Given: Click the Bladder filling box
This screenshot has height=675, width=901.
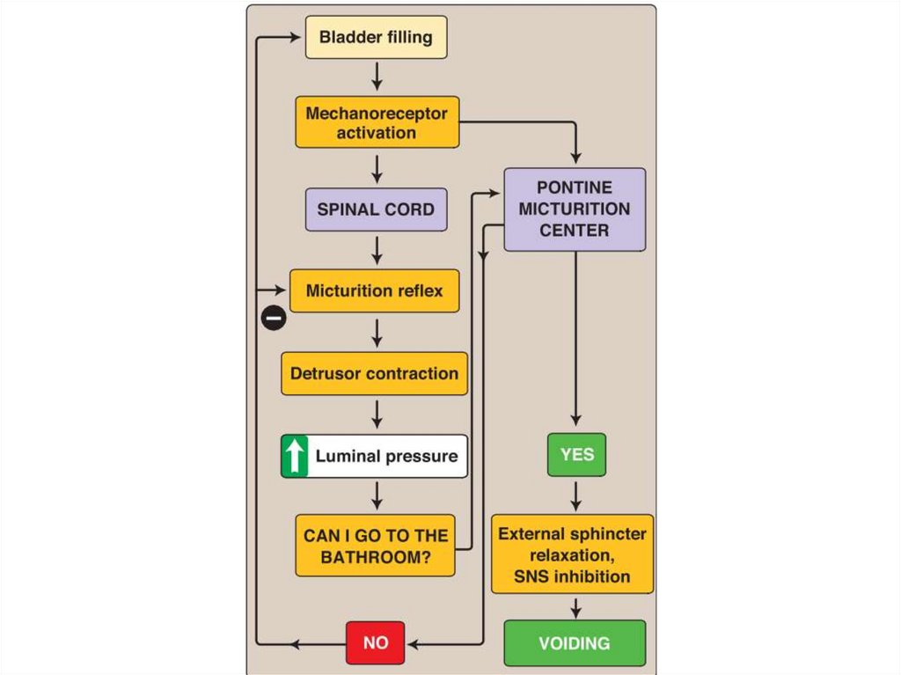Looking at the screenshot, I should tap(376, 38).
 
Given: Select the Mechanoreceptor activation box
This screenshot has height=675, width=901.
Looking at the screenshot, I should tap(377, 123).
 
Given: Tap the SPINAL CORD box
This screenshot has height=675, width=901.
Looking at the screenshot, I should tap(376, 209).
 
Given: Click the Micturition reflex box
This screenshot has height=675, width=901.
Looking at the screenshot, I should tap(375, 290).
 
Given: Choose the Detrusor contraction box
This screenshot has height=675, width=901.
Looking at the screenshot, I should tap(374, 373).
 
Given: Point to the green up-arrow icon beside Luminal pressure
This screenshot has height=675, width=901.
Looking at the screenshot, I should tap(294, 456).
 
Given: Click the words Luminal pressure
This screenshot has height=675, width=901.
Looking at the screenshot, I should tap(386, 456).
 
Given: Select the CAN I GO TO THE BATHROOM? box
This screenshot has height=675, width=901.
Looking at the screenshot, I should tap(376, 546).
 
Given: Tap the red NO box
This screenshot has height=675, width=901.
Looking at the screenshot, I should tap(376, 642).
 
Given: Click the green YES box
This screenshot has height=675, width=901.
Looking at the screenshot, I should tap(576, 455).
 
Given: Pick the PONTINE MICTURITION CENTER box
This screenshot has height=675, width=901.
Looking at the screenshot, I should tap(575, 209).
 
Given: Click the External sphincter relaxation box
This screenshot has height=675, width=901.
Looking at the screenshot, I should tap(572, 554).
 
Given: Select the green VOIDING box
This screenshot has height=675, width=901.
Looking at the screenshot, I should tap(575, 643).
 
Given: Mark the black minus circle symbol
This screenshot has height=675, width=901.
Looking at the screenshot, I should tap(274, 318).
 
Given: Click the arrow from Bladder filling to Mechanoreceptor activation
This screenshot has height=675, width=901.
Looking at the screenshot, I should tap(377, 77).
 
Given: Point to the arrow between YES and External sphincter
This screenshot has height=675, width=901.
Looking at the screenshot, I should tap(576, 495).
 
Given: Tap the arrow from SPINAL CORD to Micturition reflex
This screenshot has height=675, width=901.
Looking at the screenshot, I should tap(377, 250).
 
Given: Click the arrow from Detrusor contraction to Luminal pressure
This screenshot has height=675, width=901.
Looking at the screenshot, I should tap(377, 414).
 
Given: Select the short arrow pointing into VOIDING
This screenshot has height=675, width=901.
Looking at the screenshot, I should tap(576, 607).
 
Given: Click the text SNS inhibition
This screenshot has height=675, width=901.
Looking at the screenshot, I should tap(572, 577).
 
